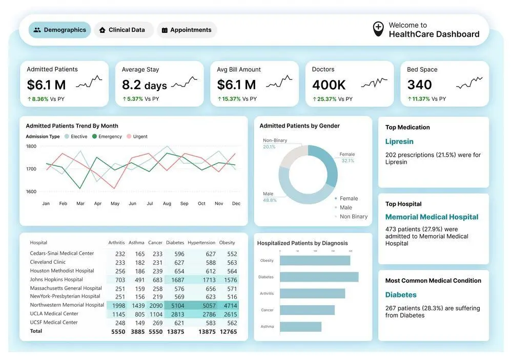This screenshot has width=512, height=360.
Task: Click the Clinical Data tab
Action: [x=124, y=30]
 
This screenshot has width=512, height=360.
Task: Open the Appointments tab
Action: [x=187, y=30]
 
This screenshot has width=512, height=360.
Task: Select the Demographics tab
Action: [x=59, y=30]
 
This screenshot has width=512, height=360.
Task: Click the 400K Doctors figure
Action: [x=329, y=84]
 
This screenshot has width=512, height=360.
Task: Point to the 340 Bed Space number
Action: [x=420, y=84]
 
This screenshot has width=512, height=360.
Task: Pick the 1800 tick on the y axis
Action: [x=31, y=146]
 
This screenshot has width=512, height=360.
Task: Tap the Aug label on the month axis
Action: [x=167, y=204]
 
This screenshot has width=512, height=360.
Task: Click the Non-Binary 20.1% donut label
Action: [x=276, y=143]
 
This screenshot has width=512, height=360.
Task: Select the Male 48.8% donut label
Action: [x=269, y=197]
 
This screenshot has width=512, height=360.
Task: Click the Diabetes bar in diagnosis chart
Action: [x=319, y=277]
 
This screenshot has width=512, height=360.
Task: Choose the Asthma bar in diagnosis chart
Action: [x=301, y=327]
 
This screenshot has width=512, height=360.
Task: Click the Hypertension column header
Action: [x=201, y=243]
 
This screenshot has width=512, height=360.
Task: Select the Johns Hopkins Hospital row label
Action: [x=56, y=280]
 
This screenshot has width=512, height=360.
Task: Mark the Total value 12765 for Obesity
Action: [x=228, y=332]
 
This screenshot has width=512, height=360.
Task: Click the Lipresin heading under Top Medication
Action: [x=399, y=141]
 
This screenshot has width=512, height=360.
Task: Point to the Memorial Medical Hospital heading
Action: [x=432, y=217]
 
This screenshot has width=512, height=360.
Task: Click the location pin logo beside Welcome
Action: [x=378, y=29]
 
